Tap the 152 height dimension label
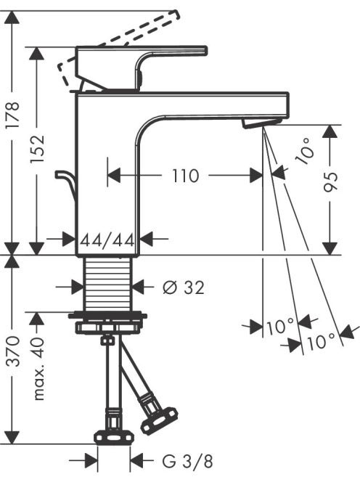click(38, 150)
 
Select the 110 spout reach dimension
click(185, 176)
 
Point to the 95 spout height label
click(331, 181)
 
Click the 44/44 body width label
click(107, 240)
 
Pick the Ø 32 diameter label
click(183, 287)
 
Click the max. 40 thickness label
click(38, 369)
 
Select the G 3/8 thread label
click(187, 461)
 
